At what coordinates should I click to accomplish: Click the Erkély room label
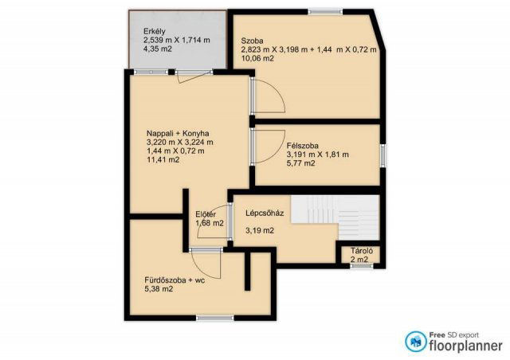click(x=154, y=32)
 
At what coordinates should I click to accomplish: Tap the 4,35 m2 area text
click(x=158, y=49)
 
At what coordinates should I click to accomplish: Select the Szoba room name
click(x=252, y=41)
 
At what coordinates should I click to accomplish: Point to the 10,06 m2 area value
click(x=257, y=58)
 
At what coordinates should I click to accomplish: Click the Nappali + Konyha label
click(x=178, y=133)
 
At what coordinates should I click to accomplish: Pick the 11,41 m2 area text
click(x=163, y=159)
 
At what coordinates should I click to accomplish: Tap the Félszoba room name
click(x=303, y=146)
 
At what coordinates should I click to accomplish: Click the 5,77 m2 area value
click(x=300, y=163)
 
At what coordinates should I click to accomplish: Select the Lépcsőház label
click(x=265, y=213)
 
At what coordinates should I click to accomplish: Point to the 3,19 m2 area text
click(x=260, y=231)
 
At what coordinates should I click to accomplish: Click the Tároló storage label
click(x=361, y=251)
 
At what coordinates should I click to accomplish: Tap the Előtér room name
click(x=206, y=214)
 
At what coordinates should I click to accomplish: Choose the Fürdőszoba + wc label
click(x=175, y=280)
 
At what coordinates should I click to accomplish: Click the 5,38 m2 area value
click(x=159, y=289)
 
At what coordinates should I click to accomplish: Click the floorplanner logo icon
click(x=415, y=342)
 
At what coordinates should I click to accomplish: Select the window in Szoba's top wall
click(x=326, y=12)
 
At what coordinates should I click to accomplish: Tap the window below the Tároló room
click(x=362, y=266)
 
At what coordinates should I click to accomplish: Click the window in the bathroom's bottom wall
click(x=215, y=318)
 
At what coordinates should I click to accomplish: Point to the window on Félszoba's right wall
click(x=383, y=156)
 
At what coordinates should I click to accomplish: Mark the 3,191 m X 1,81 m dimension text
click(x=317, y=155)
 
